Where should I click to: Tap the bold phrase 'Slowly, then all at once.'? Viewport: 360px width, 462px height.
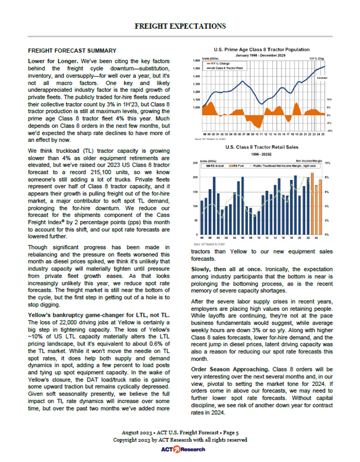coord(223,269)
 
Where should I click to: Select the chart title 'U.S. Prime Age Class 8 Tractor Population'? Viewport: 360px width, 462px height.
coord(261,50)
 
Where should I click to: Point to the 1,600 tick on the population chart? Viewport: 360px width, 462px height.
coord(196,60)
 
